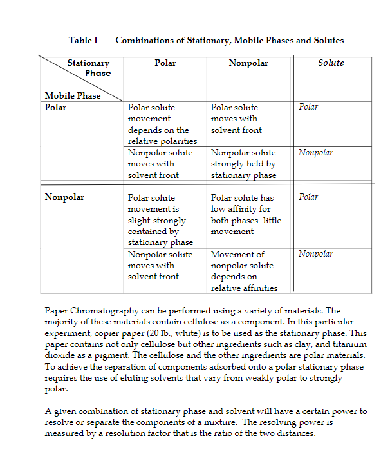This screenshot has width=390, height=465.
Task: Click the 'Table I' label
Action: point(83,41)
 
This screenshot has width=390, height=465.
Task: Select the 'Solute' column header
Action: point(331,63)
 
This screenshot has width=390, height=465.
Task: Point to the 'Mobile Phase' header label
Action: point(72,96)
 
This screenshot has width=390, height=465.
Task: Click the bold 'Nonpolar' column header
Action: point(248,63)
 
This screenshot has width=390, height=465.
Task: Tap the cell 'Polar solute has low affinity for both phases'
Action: point(246,214)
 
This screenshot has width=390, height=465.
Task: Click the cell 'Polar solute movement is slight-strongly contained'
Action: point(160,220)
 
